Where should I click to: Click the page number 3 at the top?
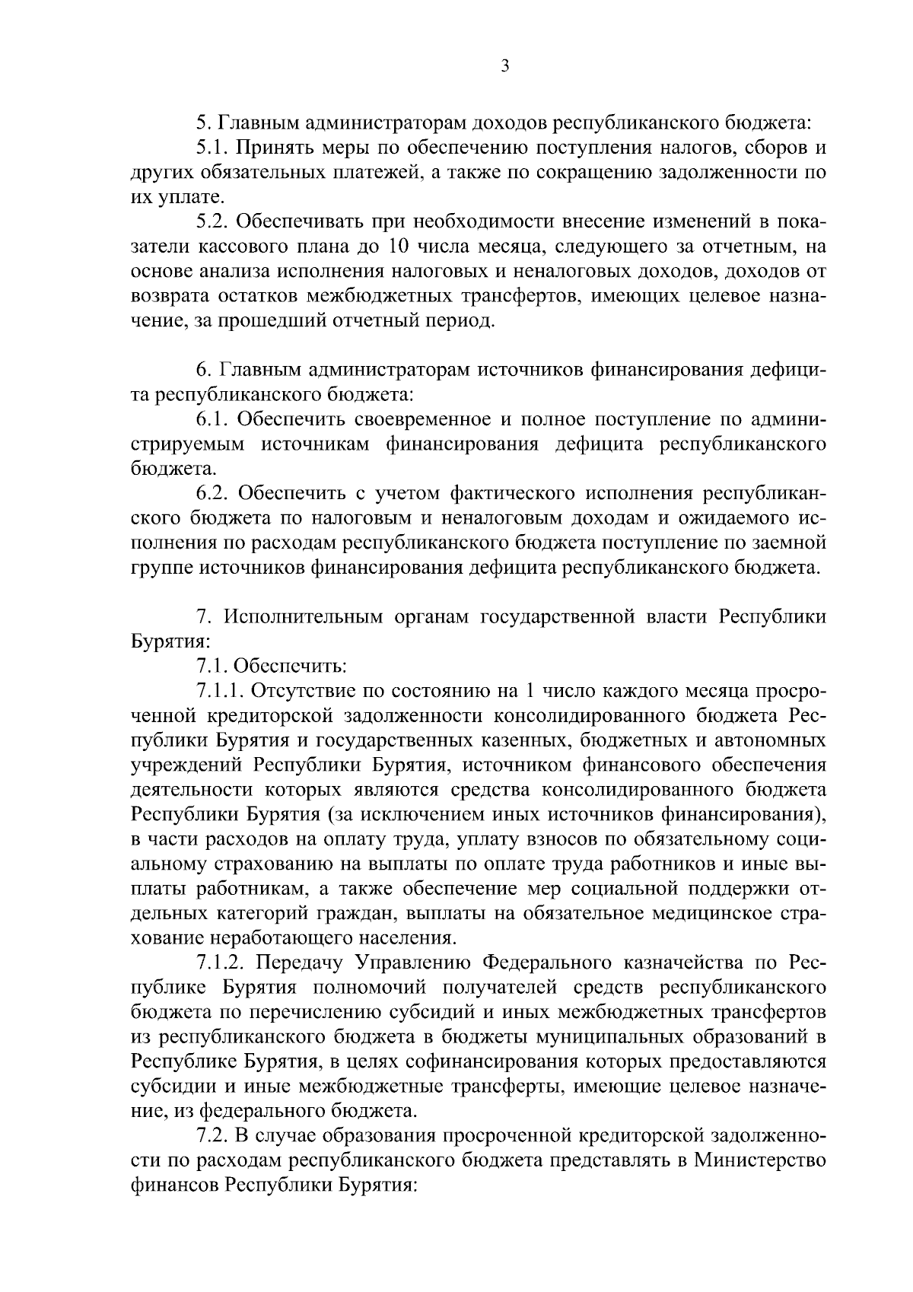pos(504,66)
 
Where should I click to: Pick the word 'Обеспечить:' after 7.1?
pos(290,666)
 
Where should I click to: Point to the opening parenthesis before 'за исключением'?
pos(330,814)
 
